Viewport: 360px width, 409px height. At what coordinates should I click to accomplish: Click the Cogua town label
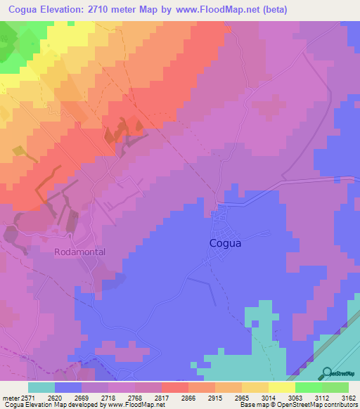pos(226,243)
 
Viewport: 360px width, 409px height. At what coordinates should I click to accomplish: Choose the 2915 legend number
pos(225,397)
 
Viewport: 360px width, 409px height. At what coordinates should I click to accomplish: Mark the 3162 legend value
pos(349,397)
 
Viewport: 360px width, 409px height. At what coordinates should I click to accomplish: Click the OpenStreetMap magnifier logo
pos(326,373)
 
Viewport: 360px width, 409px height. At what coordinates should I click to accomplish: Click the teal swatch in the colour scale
pos(41,387)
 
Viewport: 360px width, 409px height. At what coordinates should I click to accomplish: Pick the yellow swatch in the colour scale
pos(282,387)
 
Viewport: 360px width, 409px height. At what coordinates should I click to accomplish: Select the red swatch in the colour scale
pos(175,387)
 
